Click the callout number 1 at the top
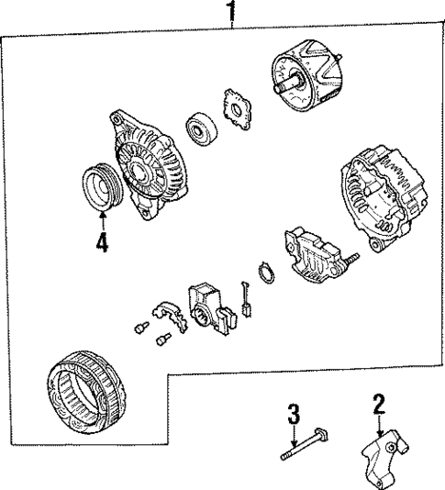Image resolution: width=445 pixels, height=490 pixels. point(231,12)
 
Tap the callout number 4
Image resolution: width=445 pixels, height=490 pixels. point(103,245)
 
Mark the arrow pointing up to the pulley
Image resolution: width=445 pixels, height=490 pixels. point(103,217)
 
